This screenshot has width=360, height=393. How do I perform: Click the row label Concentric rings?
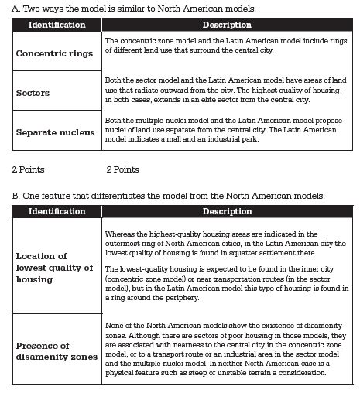click(x=54, y=53)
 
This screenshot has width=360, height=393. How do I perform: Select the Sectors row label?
click(x=33, y=93)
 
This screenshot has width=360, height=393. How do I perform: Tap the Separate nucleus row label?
click(x=55, y=132)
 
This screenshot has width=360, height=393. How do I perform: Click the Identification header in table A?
click(x=57, y=26)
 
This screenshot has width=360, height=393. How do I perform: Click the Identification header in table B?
click(x=57, y=211)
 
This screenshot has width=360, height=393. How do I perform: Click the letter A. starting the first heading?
click(x=15, y=8)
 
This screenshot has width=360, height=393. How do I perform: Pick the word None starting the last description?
click(x=114, y=326)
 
